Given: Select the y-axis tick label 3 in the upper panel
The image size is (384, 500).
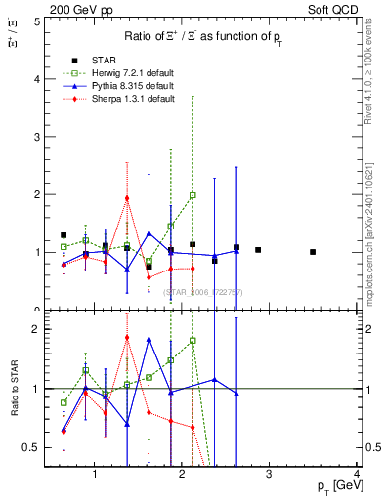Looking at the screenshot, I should pos(37,137).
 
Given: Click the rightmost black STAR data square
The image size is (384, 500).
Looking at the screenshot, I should pos(313,252).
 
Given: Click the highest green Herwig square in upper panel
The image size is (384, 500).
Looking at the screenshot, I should pos(192,195).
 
